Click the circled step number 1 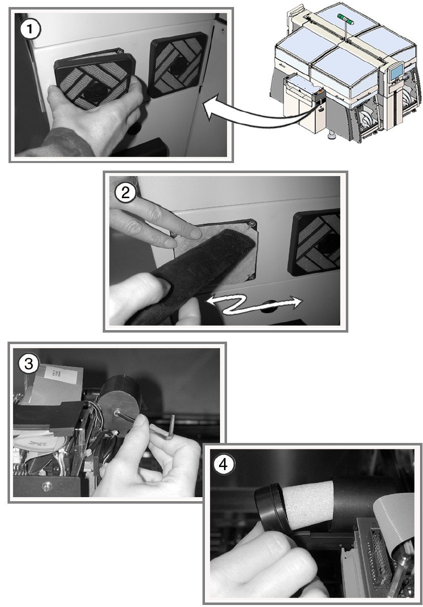pyautogui.click(x=30, y=29)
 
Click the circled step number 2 pyautogui.click(x=125, y=193)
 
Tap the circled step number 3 pyautogui.click(x=29, y=364)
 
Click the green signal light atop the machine pyautogui.click(x=345, y=19)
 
